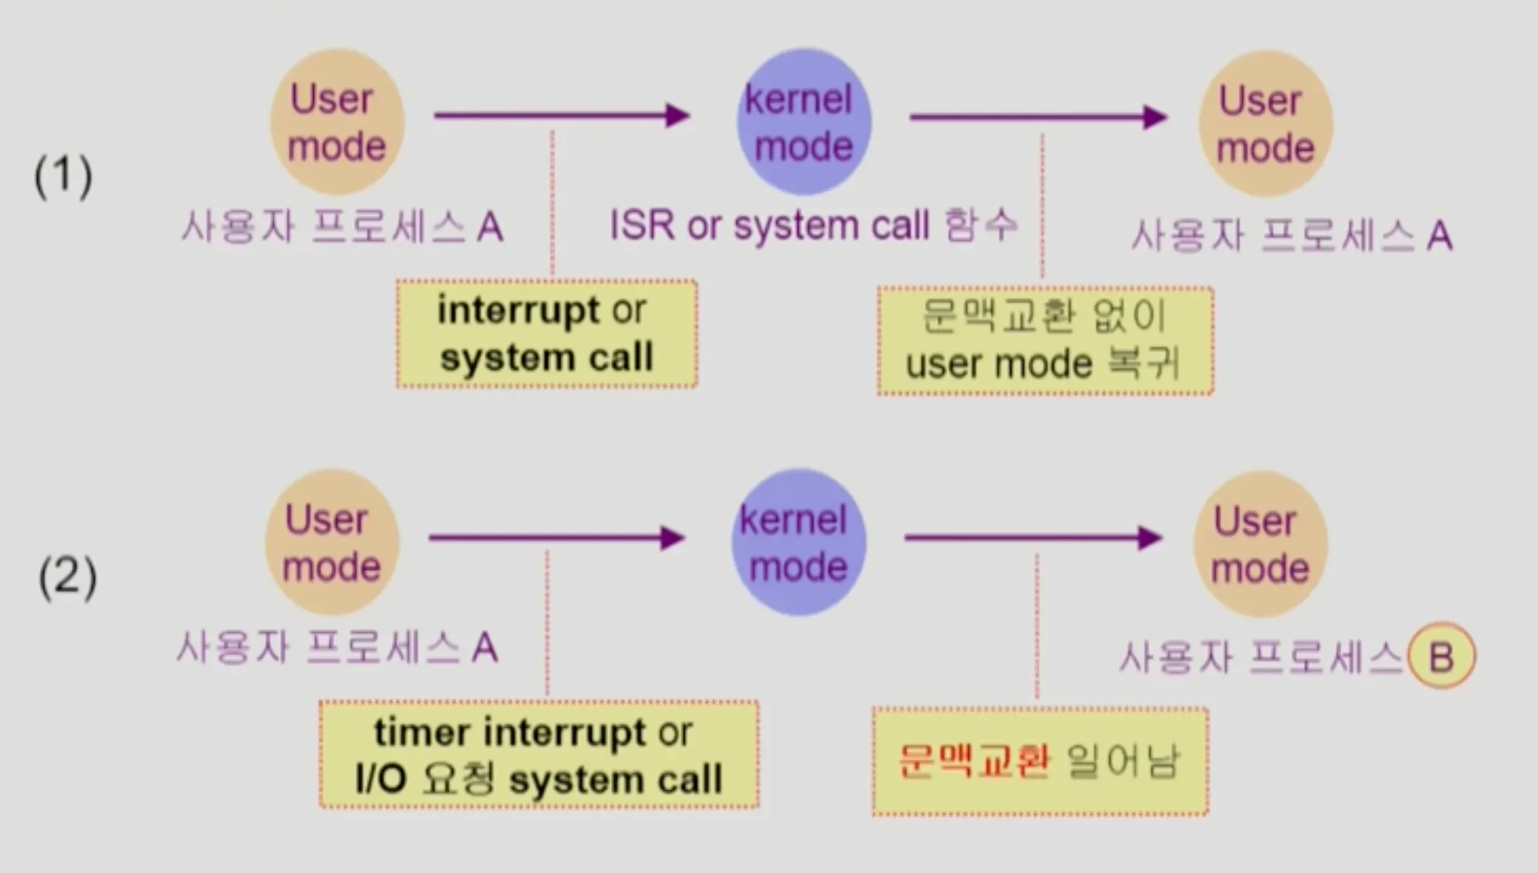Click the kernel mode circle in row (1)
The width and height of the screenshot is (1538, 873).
(x=804, y=121)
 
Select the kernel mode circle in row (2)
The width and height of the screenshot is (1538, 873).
(x=798, y=542)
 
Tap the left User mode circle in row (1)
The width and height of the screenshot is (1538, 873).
(x=337, y=121)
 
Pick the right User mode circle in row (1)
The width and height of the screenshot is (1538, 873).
(x=1266, y=123)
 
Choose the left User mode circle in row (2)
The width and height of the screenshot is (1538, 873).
(x=332, y=542)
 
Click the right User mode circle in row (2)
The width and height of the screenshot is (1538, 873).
(x=1260, y=544)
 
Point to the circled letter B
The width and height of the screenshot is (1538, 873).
(x=1442, y=656)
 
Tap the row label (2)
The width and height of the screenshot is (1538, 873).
(x=68, y=576)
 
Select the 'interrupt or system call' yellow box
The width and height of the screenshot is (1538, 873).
(x=547, y=334)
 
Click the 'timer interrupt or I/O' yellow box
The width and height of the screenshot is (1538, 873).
(x=539, y=755)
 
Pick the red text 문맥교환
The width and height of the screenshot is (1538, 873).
(x=974, y=761)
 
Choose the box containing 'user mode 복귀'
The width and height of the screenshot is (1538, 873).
(x=1045, y=341)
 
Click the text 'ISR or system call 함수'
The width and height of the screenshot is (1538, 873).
(x=814, y=225)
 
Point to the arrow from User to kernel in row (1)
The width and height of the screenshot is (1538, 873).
(x=562, y=115)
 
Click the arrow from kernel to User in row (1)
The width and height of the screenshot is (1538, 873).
(x=1038, y=117)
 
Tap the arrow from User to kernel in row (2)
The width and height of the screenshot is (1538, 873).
(x=557, y=537)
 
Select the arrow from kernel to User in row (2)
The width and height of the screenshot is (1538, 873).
(x=1034, y=537)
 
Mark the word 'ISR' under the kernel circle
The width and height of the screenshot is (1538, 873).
(x=642, y=225)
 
